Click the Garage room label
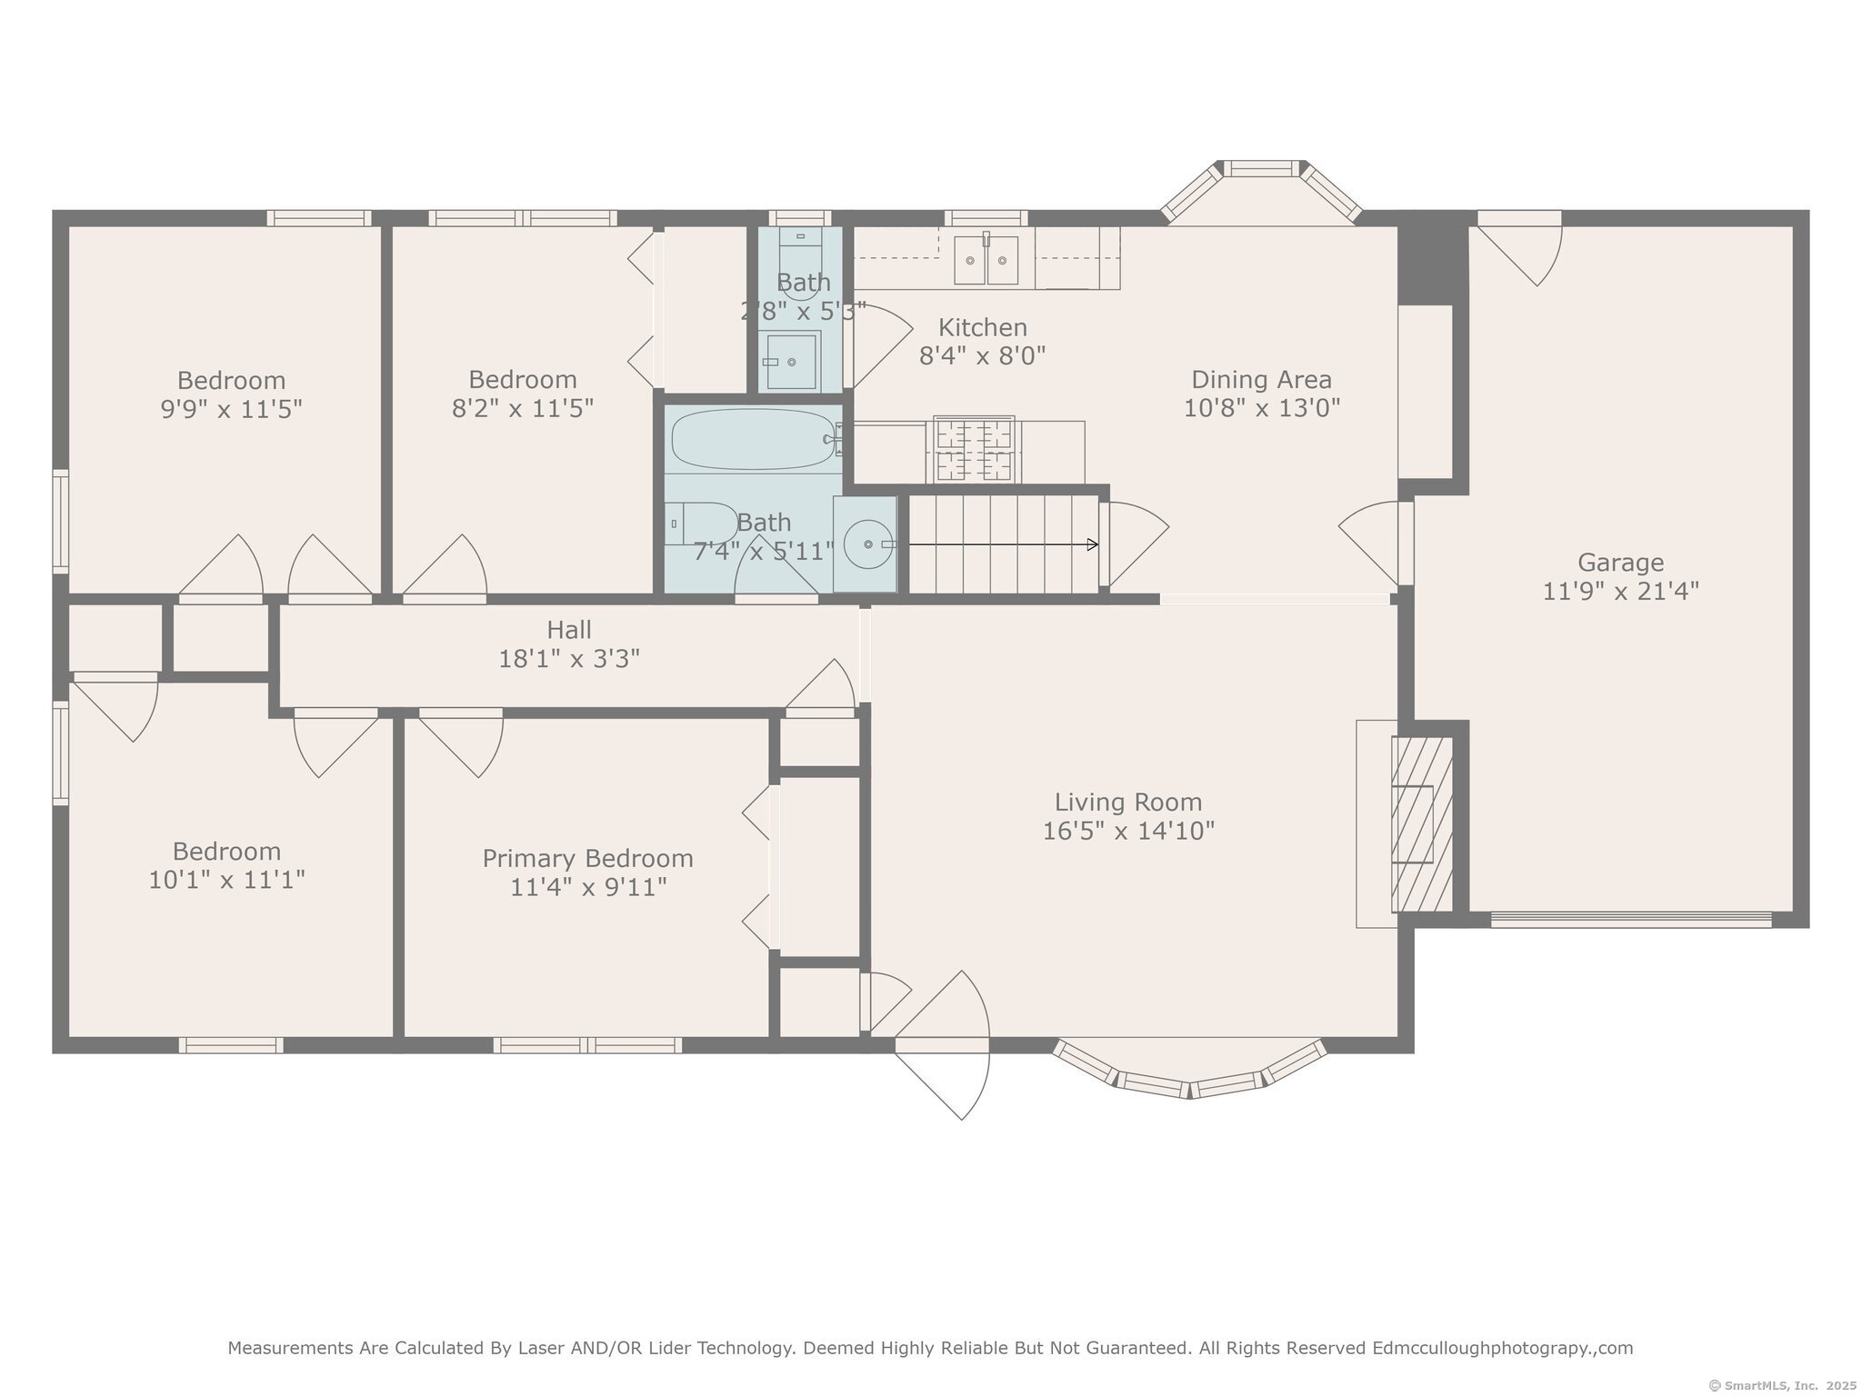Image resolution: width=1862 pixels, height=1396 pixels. pyautogui.click(x=1620, y=563)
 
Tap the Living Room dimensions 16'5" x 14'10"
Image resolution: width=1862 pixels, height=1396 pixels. pyautogui.click(x=1128, y=831)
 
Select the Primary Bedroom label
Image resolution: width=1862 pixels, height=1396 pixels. pyautogui.click(x=587, y=859)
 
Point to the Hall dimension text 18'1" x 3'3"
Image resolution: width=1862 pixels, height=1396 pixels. pyautogui.click(x=569, y=658)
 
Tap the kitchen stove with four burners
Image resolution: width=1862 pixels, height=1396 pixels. pyautogui.click(x=974, y=450)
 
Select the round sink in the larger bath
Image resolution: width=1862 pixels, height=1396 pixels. pyautogui.click(x=866, y=543)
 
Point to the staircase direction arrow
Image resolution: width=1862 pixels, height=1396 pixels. pyautogui.click(x=1004, y=544)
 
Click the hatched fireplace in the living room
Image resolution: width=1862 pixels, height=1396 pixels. pyautogui.click(x=1422, y=824)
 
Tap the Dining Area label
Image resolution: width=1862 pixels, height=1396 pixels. pyautogui.click(x=1262, y=379)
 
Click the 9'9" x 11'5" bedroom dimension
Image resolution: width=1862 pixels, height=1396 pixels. pyautogui.click(x=231, y=409)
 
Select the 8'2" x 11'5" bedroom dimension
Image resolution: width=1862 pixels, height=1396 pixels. pyautogui.click(x=523, y=408)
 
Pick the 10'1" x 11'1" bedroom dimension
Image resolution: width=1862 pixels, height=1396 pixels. pyautogui.click(x=226, y=880)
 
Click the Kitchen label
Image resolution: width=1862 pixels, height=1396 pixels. pyautogui.click(x=983, y=327)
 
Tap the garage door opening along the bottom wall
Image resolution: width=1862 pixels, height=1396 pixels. pyautogui.click(x=1631, y=919)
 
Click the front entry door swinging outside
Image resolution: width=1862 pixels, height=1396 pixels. pyautogui.click(x=942, y=1045)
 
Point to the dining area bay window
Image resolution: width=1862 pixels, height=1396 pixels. pyautogui.click(x=1261, y=190)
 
